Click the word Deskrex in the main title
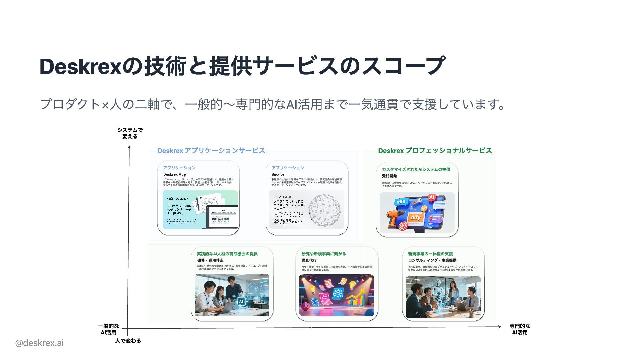80,66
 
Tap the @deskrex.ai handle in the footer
39,343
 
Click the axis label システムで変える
130,133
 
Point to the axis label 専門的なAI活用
520,329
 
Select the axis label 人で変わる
128,341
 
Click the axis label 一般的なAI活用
108,329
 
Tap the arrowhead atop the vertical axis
129,146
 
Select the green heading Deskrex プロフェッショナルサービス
435,151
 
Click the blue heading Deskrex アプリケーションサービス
211,151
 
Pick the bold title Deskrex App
174,174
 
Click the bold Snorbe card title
278,174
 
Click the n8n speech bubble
401,201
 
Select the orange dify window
416,218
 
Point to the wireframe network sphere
324,210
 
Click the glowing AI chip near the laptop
241,301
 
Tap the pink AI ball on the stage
305,306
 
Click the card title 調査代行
309,260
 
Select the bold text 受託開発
389,176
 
